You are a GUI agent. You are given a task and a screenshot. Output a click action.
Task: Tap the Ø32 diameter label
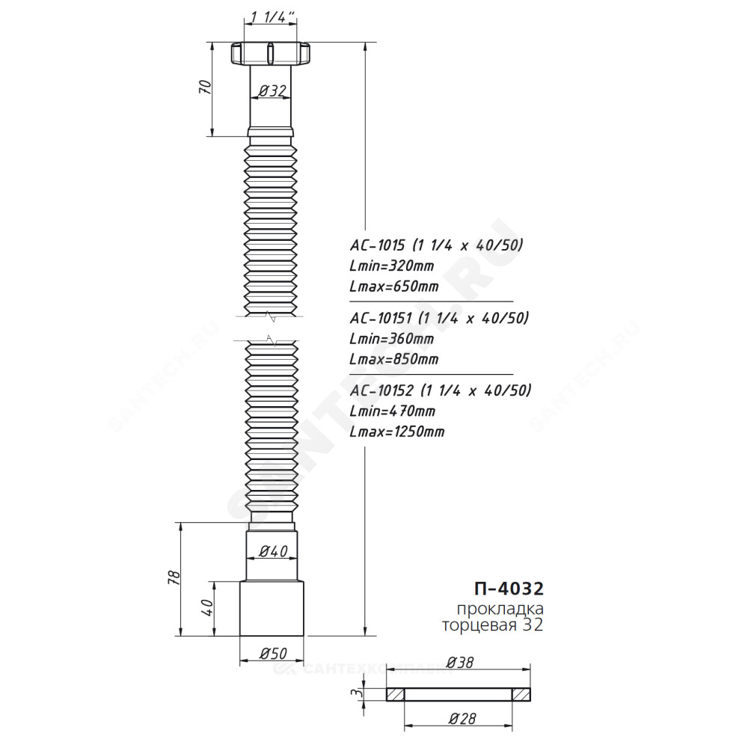[272, 91]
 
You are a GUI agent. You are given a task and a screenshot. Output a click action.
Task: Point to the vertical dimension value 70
[206, 88]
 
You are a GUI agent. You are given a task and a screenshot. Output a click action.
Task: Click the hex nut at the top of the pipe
[271, 53]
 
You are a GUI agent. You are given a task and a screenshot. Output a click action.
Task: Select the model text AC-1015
[377, 245]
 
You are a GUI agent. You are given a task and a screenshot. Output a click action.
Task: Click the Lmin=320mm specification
[392, 266]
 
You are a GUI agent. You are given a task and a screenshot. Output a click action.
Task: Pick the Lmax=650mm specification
[394, 286]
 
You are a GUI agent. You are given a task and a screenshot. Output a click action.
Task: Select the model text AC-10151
[380, 318]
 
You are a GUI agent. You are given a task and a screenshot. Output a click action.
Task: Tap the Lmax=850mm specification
[394, 359]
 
